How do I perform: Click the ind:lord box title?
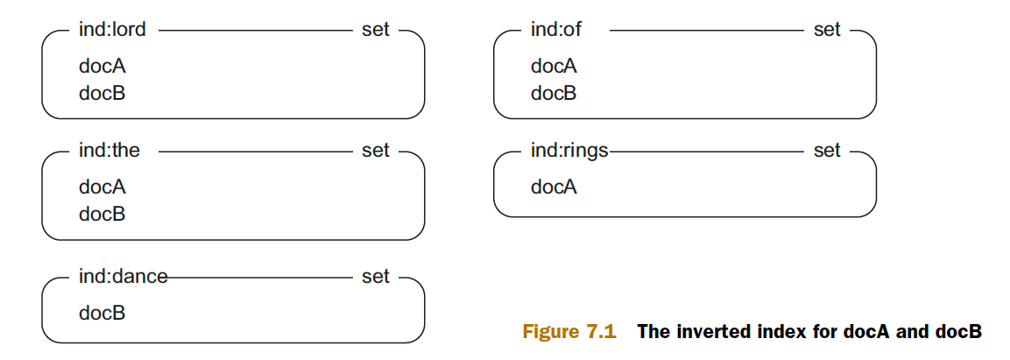point(112,30)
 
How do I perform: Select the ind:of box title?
point(556,30)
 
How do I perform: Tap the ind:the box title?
point(109,150)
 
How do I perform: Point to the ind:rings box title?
point(569,152)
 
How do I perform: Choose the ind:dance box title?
point(123,276)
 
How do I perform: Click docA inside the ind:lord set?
point(102,67)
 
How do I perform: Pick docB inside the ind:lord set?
point(102,94)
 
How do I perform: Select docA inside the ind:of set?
point(554,67)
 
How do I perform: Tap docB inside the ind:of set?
point(554,94)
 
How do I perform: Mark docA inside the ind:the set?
point(102,187)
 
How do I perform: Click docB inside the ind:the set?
point(102,214)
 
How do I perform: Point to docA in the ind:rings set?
point(554,187)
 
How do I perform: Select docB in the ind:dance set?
point(102,314)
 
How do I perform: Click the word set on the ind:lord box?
point(376,30)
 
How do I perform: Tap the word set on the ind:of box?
point(827,30)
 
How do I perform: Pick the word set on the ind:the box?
point(376,150)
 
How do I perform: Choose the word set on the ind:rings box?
point(827,150)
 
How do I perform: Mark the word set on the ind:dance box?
point(376,276)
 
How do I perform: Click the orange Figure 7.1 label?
point(569,332)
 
